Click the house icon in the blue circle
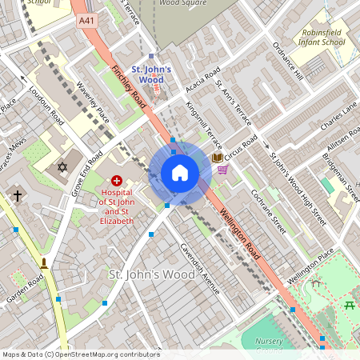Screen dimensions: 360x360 [x=180, y=173]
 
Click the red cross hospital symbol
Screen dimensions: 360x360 [x=117, y=182]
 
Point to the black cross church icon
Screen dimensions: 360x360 [x=17, y=195]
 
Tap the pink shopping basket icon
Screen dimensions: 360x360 [x=222, y=169]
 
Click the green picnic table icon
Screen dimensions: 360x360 [x=349, y=304]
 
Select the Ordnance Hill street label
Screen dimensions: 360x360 [x=287, y=62]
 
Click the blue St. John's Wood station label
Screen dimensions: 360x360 [x=151, y=74]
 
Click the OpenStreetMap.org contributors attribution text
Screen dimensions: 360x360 [x=107, y=354]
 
